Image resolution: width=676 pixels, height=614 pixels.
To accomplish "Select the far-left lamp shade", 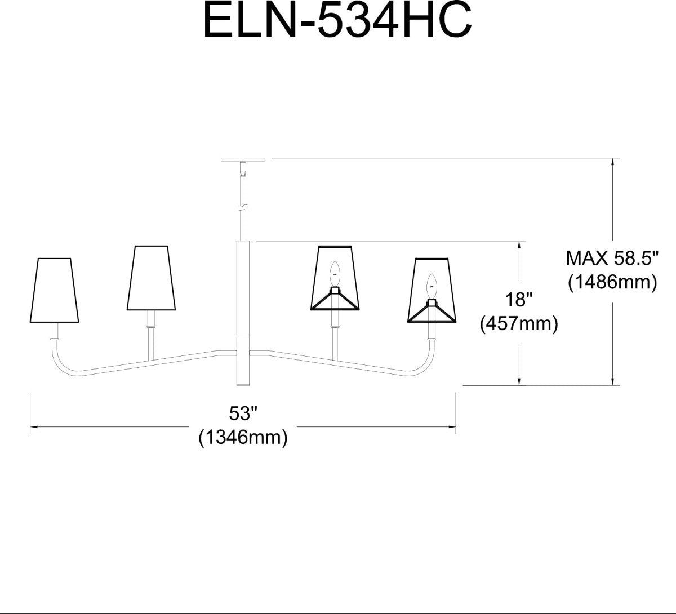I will click(x=54, y=291).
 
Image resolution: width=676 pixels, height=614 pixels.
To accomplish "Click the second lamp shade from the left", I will click(x=149, y=278).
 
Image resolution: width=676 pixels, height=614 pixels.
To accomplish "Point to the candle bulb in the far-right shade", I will click(x=432, y=287).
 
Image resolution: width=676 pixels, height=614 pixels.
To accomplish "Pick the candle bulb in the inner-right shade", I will click(x=335, y=274).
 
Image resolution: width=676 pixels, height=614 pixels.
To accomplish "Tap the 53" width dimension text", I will click(x=243, y=414).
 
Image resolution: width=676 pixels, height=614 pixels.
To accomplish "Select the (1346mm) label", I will click(x=243, y=438).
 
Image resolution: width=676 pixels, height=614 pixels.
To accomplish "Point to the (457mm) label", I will click(x=518, y=324).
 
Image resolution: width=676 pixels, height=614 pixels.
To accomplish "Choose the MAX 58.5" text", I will click(x=612, y=259).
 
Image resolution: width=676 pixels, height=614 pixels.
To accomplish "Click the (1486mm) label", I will click(x=612, y=282).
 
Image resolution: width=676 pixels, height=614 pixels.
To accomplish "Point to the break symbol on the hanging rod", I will click(x=243, y=206).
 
